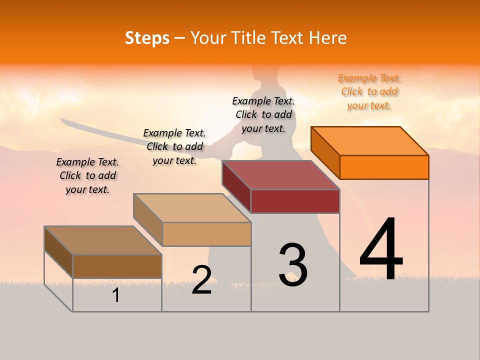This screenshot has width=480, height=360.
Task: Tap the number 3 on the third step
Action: pyautogui.click(x=293, y=265)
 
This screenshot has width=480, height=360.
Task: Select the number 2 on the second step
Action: pyautogui.click(x=201, y=279)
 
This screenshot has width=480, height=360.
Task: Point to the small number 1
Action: pyautogui.click(x=116, y=295)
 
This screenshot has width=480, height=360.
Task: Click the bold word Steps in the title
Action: pyautogui.click(x=147, y=38)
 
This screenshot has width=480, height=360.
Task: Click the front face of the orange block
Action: pyautogui.click(x=384, y=167)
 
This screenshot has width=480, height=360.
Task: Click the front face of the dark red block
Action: pyautogui.click(x=295, y=201)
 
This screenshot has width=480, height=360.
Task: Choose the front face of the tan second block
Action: pyautogui.click(x=206, y=234)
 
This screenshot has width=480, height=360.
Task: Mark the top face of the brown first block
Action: pyautogui.click(x=103, y=240)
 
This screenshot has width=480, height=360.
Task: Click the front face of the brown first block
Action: pyautogui.click(x=117, y=266)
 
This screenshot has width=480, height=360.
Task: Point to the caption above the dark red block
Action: pyautogui.click(x=263, y=114)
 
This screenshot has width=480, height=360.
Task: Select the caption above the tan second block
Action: pyautogui.click(x=174, y=146)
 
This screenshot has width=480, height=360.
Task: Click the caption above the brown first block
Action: pyautogui.click(x=87, y=175)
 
